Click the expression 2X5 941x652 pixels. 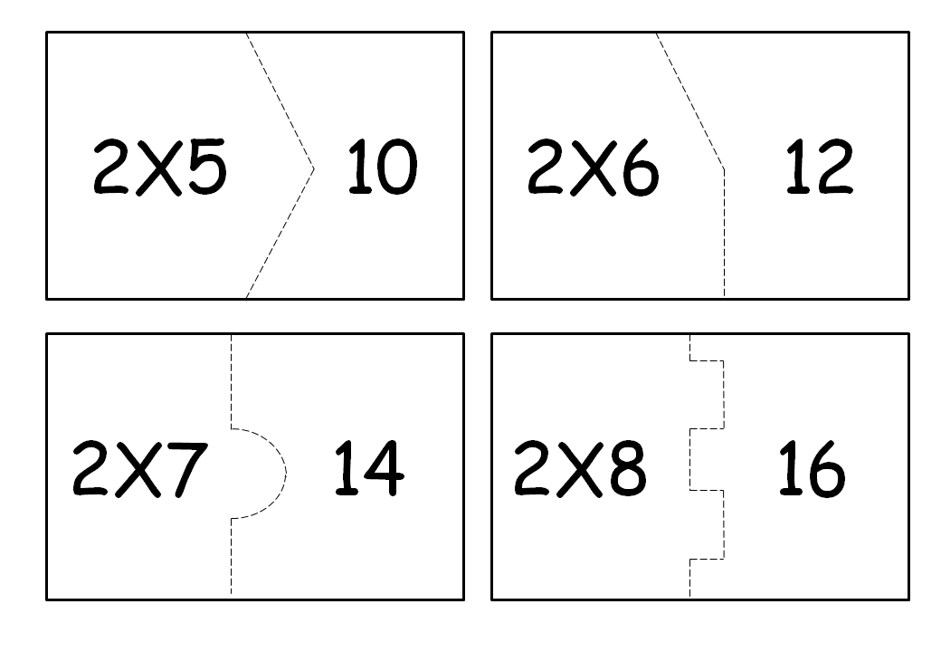pos(160,167)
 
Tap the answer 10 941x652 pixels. pos(382,167)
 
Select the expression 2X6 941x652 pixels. pos(594,167)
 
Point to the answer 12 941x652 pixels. pos(819,167)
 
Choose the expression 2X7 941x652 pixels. pos(140,468)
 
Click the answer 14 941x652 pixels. pos(369,467)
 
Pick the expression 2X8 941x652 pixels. pos(580,468)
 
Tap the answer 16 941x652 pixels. pos(812,468)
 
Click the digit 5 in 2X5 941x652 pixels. pos(207,167)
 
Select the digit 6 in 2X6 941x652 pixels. pos(641,168)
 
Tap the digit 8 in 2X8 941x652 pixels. pos(629,468)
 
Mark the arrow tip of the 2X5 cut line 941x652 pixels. pos(314,168)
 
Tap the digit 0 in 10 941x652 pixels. pos(397,167)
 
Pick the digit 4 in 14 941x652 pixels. pos(385,467)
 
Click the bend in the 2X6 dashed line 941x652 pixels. pos(724,169)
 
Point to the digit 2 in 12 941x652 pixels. pos(835,167)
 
